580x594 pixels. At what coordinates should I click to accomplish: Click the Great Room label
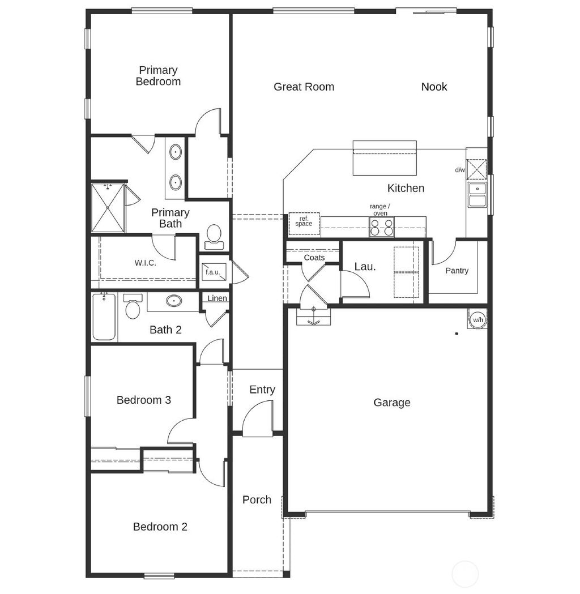coord(304,87)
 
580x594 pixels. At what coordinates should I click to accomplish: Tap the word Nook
coord(434,87)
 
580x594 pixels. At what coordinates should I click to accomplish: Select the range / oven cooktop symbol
coord(381,227)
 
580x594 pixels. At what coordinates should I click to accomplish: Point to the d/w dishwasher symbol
coord(477,169)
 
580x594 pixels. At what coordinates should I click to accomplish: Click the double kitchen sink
coord(477,195)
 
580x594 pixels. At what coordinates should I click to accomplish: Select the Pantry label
coord(457,271)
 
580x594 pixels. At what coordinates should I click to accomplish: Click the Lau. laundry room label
coord(365,266)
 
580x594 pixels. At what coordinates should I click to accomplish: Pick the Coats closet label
coord(314,258)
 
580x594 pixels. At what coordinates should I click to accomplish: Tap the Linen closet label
coord(217,298)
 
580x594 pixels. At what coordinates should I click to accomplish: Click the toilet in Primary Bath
coord(214,236)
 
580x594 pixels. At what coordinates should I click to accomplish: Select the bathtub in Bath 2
coord(104,317)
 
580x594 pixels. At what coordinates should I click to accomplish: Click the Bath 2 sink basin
coord(174,301)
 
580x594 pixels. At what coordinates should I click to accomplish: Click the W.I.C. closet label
coord(145,263)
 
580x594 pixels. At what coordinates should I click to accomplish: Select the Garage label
coord(391,403)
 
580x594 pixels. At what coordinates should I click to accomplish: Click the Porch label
coord(257,499)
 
